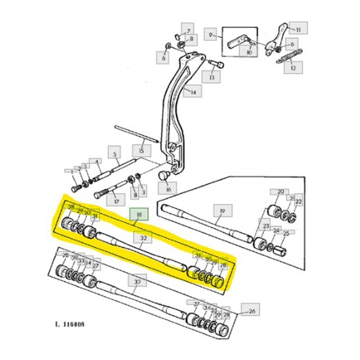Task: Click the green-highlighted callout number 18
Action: (x=138, y=214)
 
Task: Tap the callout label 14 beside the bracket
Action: (x=192, y=93)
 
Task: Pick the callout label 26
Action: (x=252, y=310)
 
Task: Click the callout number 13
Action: (x=210, y=77)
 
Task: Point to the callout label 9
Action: (x=210, y=35)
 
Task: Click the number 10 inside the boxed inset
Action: (x=249, y=51)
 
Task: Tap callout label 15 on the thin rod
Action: (x=140, y=151)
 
